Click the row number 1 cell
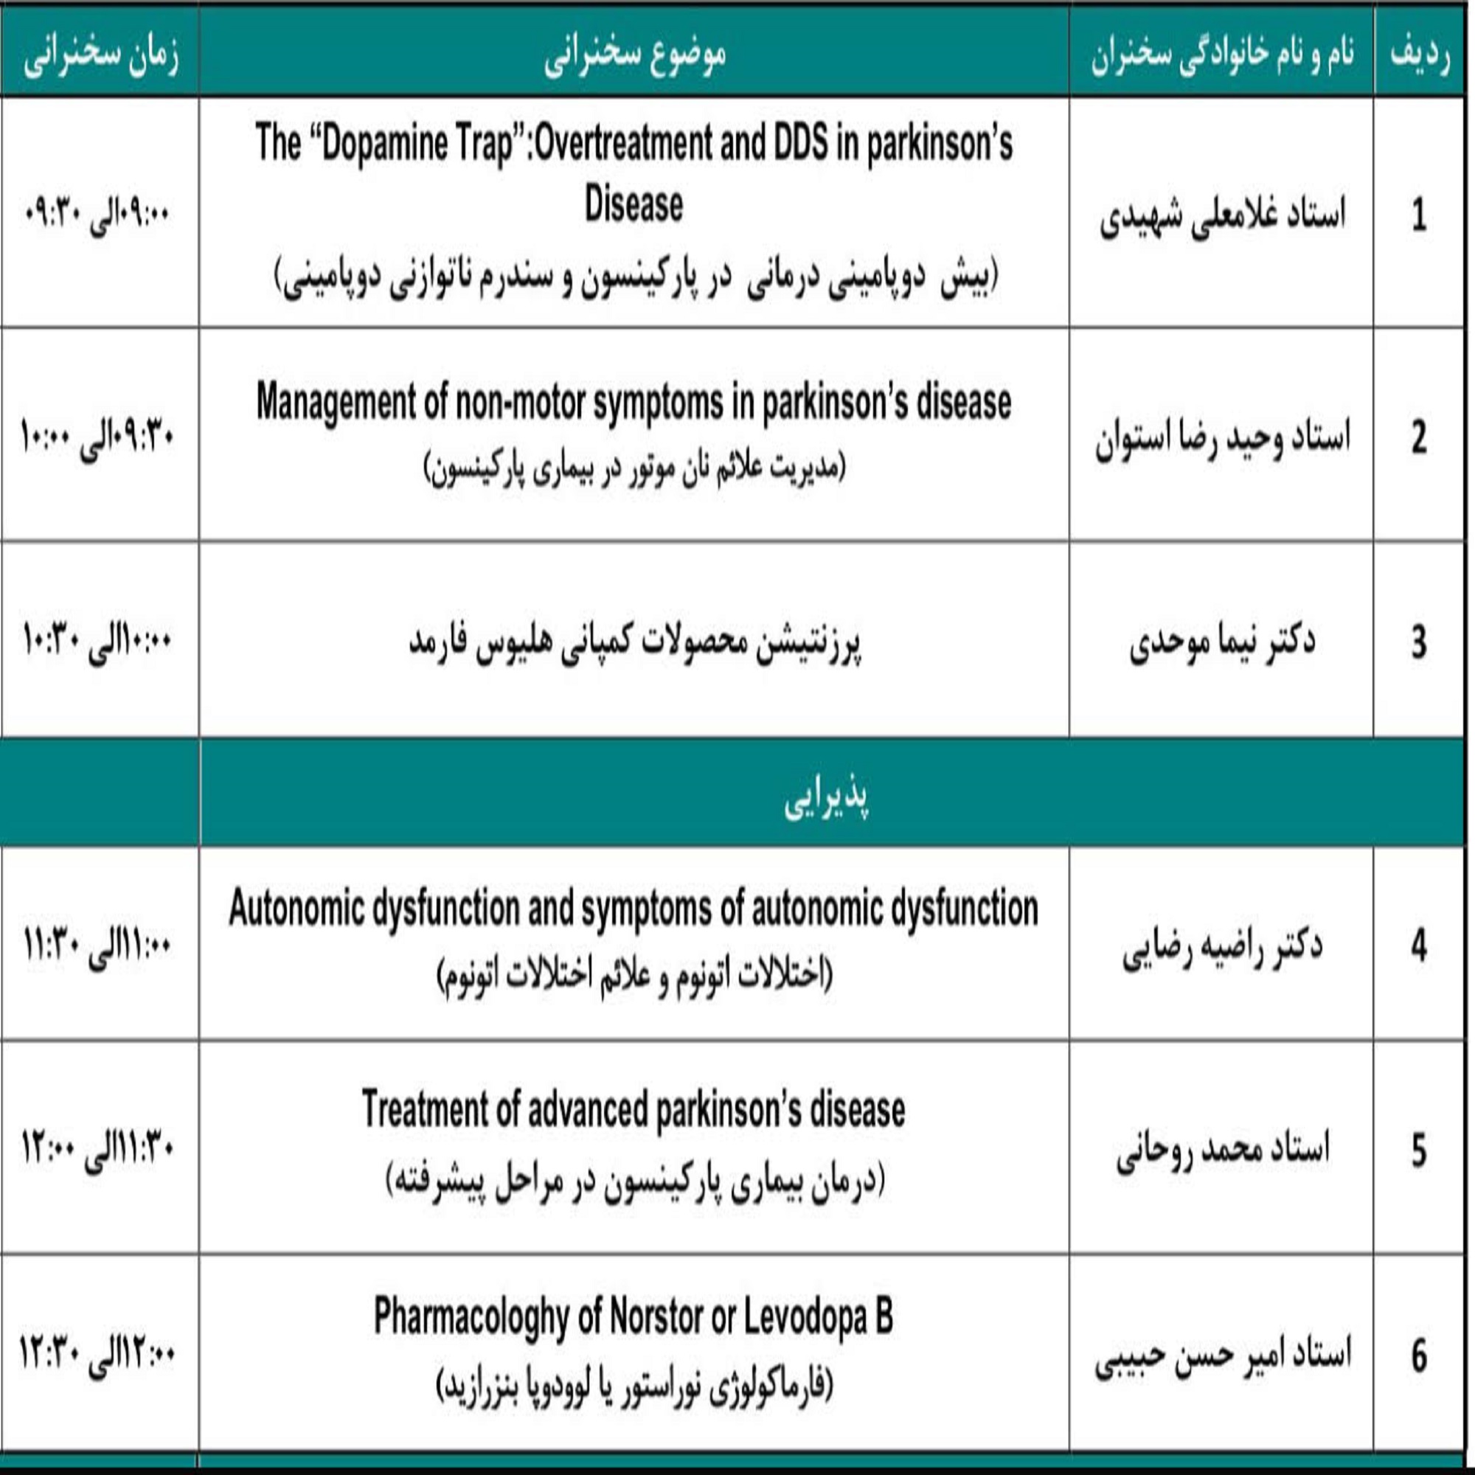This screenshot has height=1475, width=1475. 1418,215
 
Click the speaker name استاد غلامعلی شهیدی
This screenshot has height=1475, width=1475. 1221,215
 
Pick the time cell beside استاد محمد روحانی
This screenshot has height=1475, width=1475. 98,1150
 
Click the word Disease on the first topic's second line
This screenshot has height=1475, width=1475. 634,204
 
